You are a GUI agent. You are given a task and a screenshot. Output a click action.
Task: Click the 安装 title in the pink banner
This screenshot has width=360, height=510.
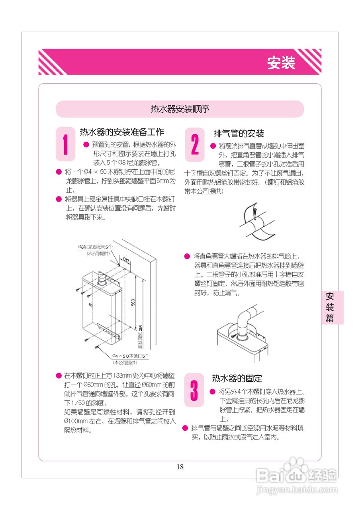click(x=281, y=63)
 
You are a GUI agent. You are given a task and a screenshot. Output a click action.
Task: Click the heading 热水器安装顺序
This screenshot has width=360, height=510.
click(x=180, y=109)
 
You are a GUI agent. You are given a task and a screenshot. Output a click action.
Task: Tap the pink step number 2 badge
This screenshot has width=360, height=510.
click(x=195, y=145)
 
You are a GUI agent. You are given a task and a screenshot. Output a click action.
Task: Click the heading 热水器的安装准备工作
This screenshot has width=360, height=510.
click(x=122, y=132)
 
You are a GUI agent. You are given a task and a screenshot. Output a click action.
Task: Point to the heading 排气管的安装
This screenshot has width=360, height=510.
click(x=239, y=133)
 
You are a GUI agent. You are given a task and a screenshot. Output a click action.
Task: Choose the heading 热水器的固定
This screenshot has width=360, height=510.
click(x=237, y=378)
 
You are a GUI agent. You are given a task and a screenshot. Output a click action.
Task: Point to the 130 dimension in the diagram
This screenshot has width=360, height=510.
click(x=126, y=260)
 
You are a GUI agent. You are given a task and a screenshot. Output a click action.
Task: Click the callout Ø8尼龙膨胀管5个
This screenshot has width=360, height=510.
click(x=95, y=247)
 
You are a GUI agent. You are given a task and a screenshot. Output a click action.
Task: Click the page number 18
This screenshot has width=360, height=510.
click(x=180, y=467)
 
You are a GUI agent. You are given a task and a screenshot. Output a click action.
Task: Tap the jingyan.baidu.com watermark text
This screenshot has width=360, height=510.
click(x=297, y=490)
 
